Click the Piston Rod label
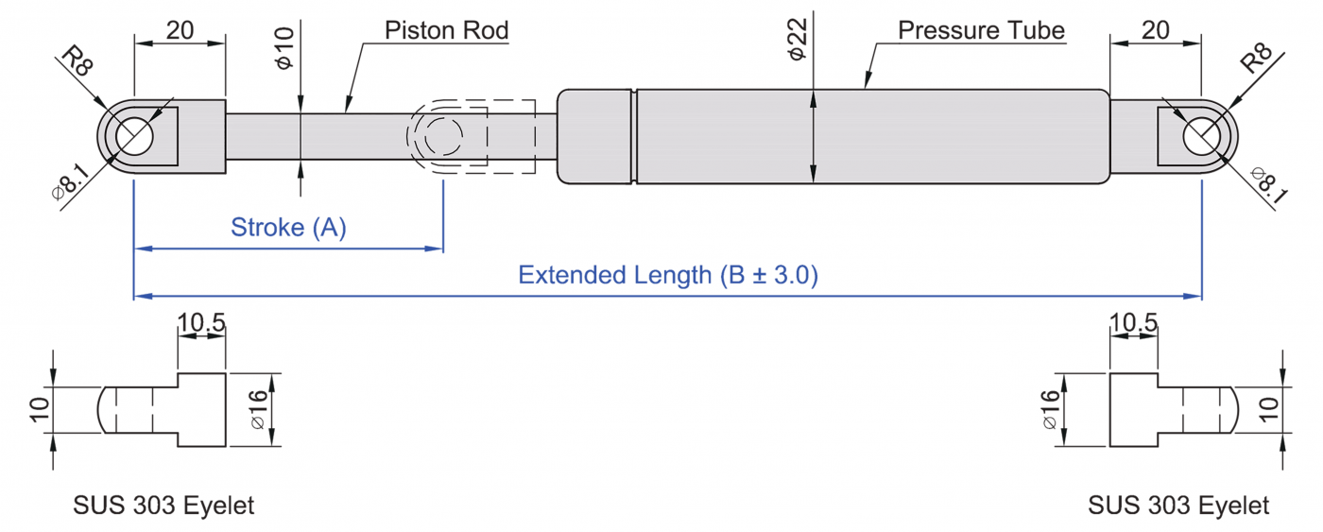(446, 30)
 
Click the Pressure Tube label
(981, 30)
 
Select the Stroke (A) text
(288, 228)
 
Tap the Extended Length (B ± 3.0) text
(668, 275)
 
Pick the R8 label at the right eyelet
(1256, 59)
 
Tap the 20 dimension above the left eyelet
(180, 30)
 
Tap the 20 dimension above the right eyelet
(1156, 30)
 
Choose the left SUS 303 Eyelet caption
(163, 506)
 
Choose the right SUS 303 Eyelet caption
(1178, 506)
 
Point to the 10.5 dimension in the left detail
(201, 323)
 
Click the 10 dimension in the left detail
(38, 409)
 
